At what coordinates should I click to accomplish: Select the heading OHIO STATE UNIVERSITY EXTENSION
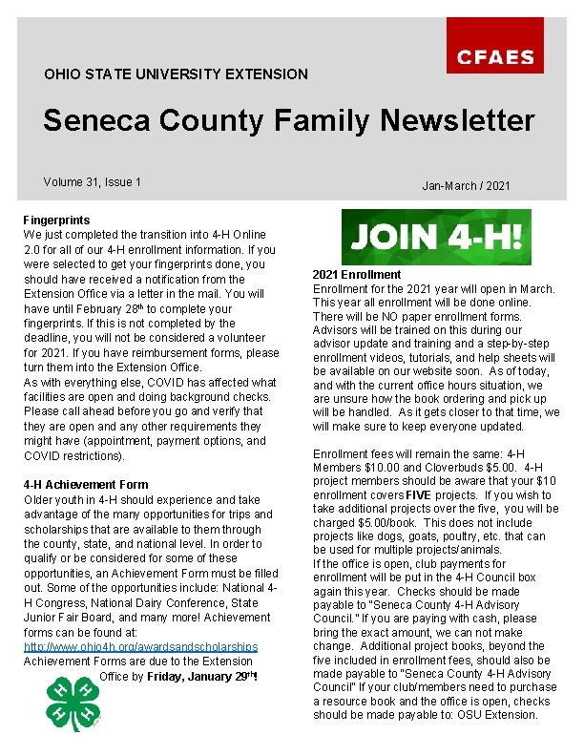click(x=177, y=73)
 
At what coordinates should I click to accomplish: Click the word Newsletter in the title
click(x=457, y=121)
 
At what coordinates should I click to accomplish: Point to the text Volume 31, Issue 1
click(x=92, y=181)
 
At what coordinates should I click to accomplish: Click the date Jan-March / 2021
click(x=466, y=185)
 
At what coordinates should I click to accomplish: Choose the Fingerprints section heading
click(x=54, y=220)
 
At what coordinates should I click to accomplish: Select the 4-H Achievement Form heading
click(x=86, y=485)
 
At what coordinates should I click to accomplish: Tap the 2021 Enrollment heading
click(x=357, y=275)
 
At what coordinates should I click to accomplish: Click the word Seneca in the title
click(x=99, y=121)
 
